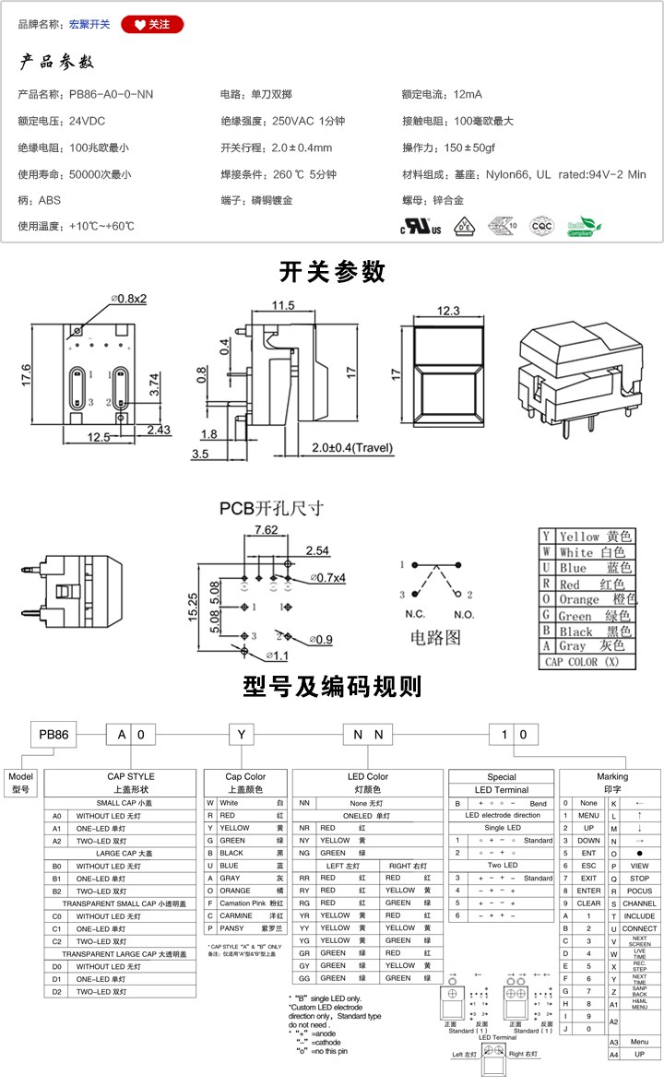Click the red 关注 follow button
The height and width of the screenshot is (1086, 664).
[152, 24]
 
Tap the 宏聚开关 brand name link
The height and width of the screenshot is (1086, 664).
[89, 24]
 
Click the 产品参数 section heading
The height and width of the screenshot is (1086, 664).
[57, 63]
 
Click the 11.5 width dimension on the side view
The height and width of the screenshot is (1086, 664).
[282, 305]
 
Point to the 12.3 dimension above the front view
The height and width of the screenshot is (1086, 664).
[448, 311]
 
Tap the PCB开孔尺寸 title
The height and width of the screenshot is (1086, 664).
[271, 508]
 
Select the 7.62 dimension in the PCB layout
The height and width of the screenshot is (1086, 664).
[266, 529]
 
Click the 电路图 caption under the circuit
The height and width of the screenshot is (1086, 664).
[435, 637]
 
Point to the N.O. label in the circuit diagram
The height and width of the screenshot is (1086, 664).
[463, 614]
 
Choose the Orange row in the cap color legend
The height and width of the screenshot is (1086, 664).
[587, 599]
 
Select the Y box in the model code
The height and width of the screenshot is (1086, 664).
[241, 735]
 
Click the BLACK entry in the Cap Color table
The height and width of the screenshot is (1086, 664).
[233, 854]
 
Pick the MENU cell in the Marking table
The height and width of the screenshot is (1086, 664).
[587, 816]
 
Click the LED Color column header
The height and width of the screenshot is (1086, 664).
[368, 777]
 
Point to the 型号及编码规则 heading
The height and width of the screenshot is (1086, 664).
[332, 687]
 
